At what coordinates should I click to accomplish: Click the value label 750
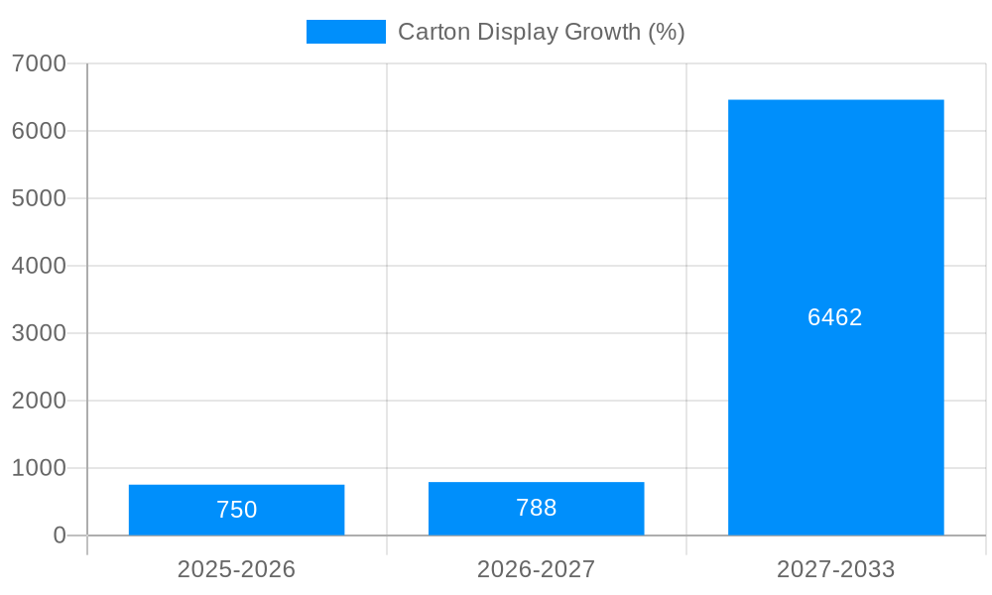tap(236, 510)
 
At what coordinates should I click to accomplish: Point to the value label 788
tap(536, 508)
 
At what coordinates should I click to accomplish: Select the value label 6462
tap(834, 317)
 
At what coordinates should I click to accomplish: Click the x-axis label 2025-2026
tap(236, 569)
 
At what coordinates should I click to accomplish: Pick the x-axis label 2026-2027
tap(536, 569)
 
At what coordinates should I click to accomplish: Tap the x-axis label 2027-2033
tap(835, 569)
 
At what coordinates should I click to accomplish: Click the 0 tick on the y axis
tap(59, 535)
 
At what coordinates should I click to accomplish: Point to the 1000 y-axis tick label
tap(39, 468)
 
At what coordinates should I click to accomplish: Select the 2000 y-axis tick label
tap(39, 401)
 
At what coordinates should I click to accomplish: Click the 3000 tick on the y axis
tap(39, 333)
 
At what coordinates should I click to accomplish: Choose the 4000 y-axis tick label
tap(39, 266)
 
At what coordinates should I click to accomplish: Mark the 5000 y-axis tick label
tap(39, 198)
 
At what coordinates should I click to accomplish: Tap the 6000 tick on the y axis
tap(39, 131)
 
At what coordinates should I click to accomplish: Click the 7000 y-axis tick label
tap(39, 63)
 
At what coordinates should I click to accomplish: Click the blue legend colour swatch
tap(345, 32)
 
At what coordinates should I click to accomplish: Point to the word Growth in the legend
tap(602, 32)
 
